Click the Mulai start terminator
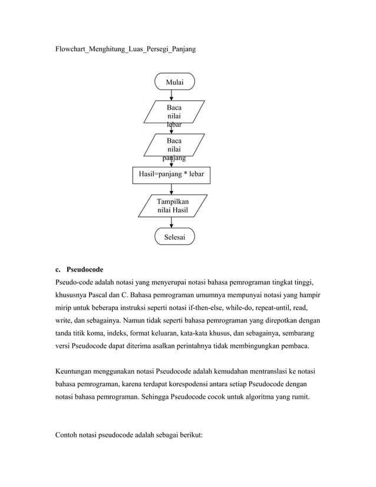click(x=174, y=83)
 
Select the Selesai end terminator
click(x=174, y=237)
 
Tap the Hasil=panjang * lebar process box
click(x=171, y=175)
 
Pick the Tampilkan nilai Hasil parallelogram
click(x=173, y=206)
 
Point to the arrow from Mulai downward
click(x=171, y=95)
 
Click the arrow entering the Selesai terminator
click(x=171, y=223)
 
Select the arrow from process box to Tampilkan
click(x=171, y=189)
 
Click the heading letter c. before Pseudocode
click(x=58, y=269)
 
